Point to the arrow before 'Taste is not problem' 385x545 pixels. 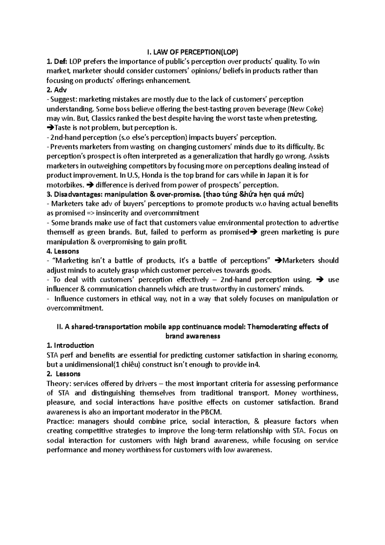click(x=51, y=128)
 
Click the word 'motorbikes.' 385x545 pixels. click(x=66, y=185)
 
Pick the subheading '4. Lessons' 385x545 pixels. click(x=63, y=251)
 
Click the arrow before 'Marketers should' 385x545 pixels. click(x=278, y=261)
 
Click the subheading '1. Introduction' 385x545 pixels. click(x=70, y=346)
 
